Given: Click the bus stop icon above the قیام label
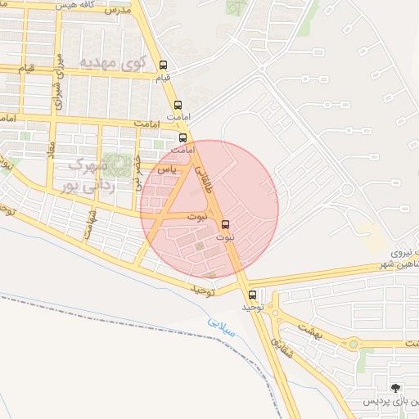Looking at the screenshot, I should point(163,65).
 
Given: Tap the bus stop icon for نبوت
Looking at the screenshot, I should point(226,223).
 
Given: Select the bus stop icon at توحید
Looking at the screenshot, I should point(251,295).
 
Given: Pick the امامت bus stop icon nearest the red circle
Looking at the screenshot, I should point(182,137).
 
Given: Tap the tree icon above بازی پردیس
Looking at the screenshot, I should point(397,388).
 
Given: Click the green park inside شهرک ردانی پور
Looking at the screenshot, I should point(119,164).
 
